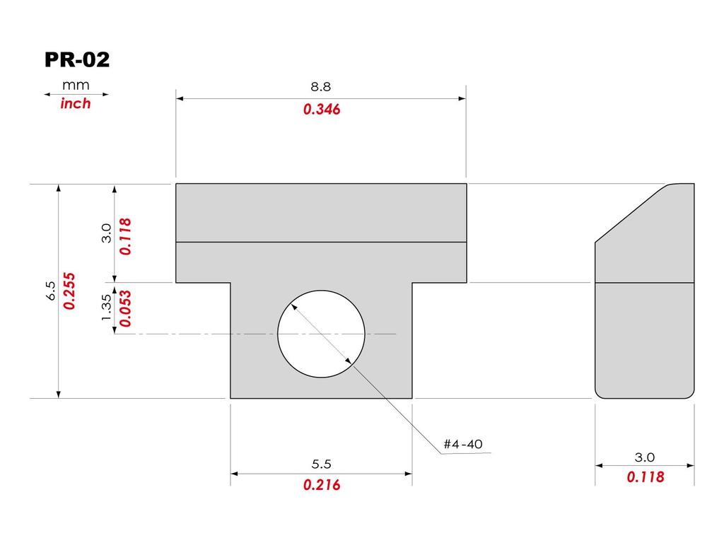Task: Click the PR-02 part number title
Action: coord(77,60)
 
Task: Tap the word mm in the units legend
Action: coord(76,85)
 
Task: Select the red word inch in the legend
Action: coord(76,103)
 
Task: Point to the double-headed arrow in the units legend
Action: coord(76,94)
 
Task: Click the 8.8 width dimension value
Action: coord(321,87)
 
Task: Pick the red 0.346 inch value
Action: coord(322,110)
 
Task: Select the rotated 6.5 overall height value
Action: coord(50,291)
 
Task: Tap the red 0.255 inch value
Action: coord(69,291)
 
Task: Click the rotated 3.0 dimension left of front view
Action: coord(107,233)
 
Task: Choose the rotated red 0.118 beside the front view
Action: coord(125,235)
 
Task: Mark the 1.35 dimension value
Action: coord(107,308)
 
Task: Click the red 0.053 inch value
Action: coord(125,308)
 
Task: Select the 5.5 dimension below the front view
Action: coord(322,464)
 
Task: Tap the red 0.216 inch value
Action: coord(322,485)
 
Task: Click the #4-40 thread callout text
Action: coord(463,444)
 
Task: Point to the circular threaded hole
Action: coord(322,333)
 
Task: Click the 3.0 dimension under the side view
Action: coord(645,457)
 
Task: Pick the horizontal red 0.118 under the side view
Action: coord(645,477)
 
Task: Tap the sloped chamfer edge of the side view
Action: coord(629,214)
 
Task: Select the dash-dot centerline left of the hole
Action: coord(191,333)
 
